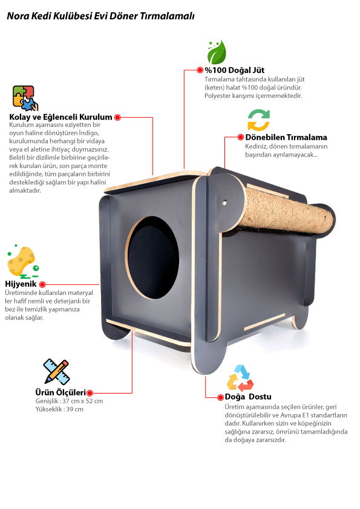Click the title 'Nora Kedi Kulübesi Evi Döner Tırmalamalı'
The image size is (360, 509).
tap(100, 16)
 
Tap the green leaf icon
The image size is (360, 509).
tap(217, 52)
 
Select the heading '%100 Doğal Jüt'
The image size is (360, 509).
tap(234, 70)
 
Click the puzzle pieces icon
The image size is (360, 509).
tap(25, 98)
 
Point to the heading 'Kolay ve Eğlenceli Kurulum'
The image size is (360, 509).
tap(61, 117)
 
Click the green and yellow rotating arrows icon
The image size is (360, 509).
tap(258, 120)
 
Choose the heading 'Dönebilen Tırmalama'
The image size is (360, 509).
tap(286, 137)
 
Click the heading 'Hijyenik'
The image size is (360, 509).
tap(21, 284)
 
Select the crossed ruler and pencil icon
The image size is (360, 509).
tap(56, 372)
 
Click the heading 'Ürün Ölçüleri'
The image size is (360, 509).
tap(61, 392)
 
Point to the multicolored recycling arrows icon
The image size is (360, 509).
tap(240, 378)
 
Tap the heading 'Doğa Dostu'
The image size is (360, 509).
tap(248, 397)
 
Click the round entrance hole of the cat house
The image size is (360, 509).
tap(152, 258)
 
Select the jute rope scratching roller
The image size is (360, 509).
tap(287, 210)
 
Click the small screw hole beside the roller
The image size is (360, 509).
tap(224, 203)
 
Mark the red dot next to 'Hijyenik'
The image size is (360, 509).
tap(42, 284)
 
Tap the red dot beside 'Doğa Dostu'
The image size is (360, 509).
tap(221, 397)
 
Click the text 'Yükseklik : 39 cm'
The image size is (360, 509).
tap(59, 409)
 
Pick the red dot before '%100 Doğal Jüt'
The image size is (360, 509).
tap(200, 70)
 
